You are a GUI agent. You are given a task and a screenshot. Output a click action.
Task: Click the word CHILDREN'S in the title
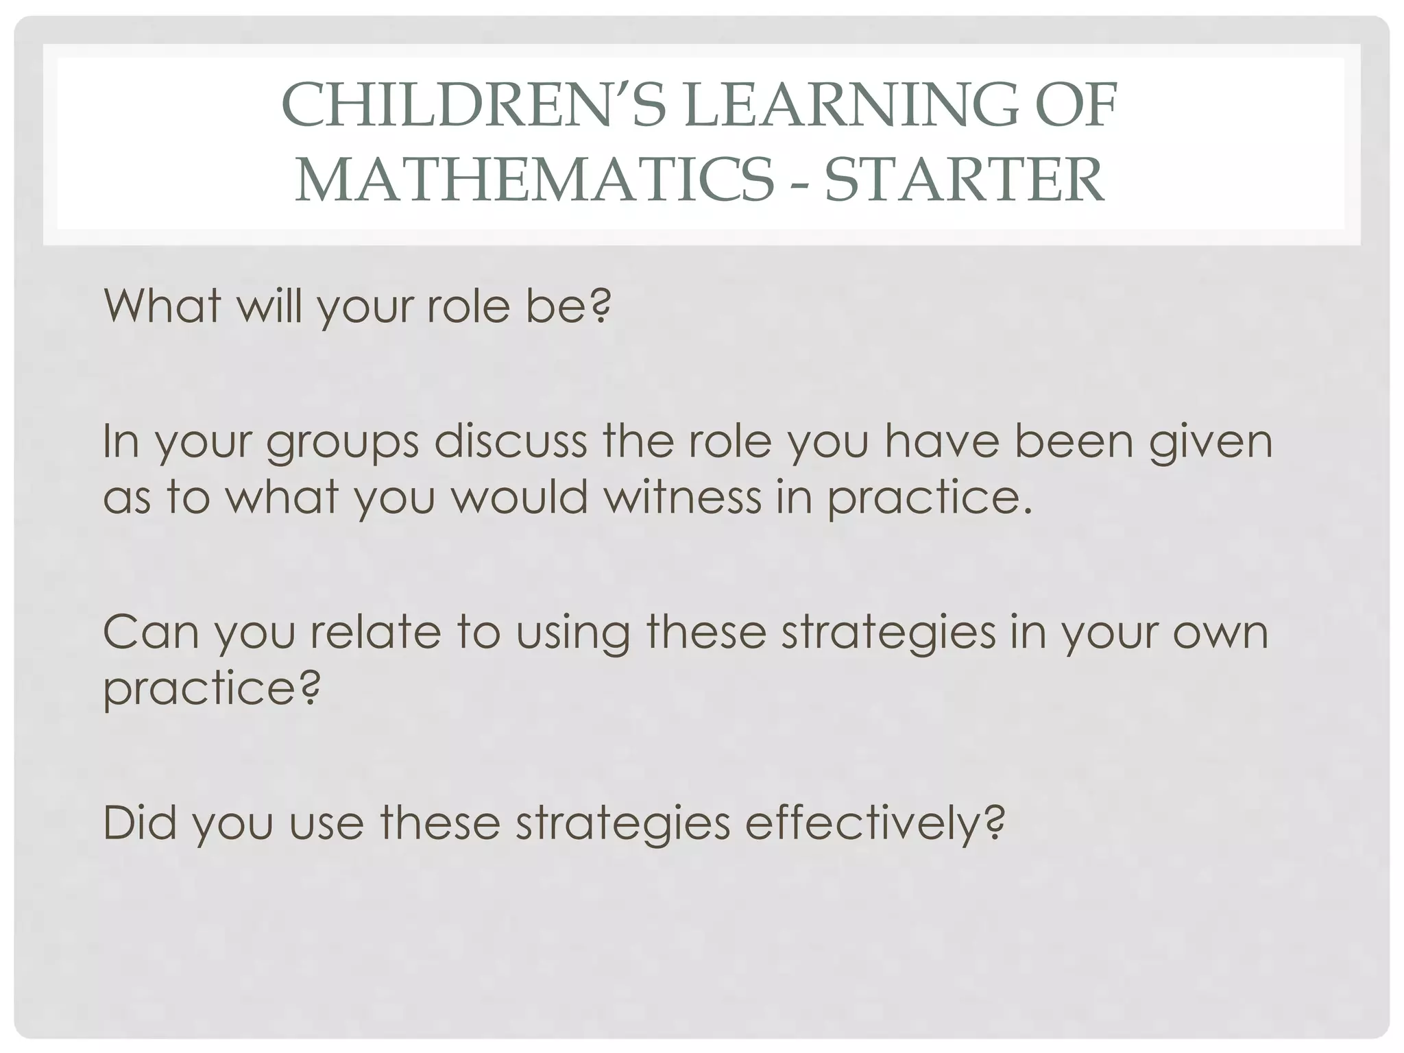tap(446, 106)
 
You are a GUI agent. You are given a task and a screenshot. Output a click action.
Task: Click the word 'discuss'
tap(511, 442)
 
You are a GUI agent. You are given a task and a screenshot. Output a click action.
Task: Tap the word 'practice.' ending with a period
tap(930, 499)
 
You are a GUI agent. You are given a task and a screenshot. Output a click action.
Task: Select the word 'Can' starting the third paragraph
tap(151, 632)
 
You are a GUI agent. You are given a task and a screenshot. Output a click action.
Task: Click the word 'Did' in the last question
tap(140, 822)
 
